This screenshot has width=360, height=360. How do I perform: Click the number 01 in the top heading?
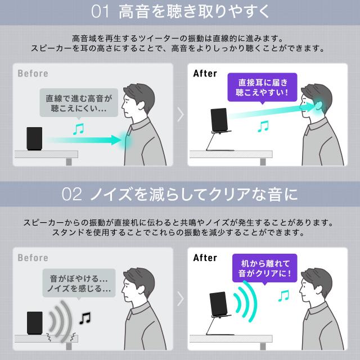click(x=100, y=11)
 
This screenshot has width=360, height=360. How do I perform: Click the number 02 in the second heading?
click(x=71, y=194)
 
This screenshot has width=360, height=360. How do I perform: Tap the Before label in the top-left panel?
click(x=33, y=74)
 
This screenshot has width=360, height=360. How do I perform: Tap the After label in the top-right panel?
click(x=205, y=74)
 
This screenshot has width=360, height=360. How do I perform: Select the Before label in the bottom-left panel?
click(x=33, y=258)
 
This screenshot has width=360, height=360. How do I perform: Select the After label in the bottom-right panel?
click(x=205, y=258)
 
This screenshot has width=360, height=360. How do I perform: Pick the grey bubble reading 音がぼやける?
click(x=79, y=283)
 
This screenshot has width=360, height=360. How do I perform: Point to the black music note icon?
click(x=85, y=318)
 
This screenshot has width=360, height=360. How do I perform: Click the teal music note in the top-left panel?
click(x=79, y=129)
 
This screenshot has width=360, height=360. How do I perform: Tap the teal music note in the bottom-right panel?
click(x=283, y=295)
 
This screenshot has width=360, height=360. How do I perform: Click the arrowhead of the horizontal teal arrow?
click(x=116, y=140)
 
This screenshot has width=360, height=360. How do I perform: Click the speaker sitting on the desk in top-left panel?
click(x=34, y=138)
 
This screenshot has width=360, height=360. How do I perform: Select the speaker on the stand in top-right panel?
click(x=219, y=120)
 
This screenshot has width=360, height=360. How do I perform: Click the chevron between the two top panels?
click(x=181, y=114)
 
